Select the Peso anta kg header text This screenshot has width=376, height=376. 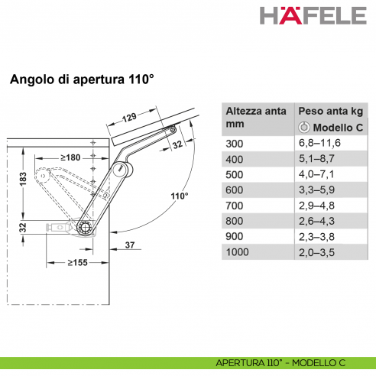[329, 110]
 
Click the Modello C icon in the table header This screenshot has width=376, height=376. [303, 126]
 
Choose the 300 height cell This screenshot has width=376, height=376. [234, 143]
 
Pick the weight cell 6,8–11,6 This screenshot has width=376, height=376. [319, 143]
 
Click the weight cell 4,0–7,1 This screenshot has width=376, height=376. [316, 175]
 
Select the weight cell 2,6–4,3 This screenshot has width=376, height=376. [316, 222]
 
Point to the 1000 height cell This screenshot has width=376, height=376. [237, 254]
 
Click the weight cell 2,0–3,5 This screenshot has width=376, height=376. [316, 254]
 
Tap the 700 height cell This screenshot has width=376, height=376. [234, 206]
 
